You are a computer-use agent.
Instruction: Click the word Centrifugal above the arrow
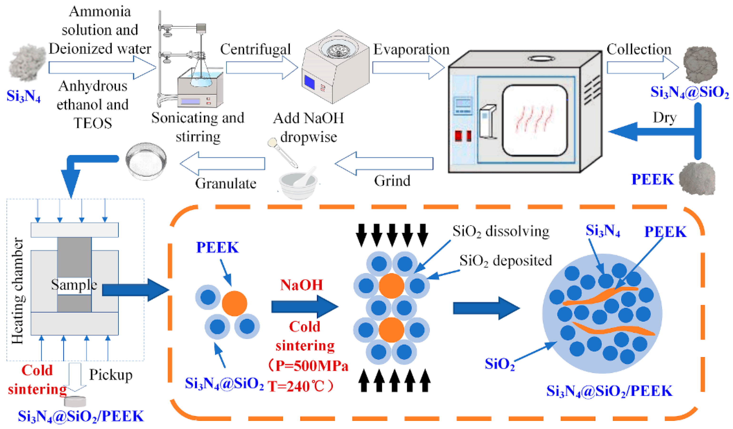255,49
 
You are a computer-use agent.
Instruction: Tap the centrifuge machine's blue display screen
309,82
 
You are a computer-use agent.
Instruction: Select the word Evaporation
411,49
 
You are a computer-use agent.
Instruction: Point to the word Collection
639,49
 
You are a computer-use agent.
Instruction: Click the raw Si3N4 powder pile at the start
27,62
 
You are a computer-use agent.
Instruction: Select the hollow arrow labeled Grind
384,163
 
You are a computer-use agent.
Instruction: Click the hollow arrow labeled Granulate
223,163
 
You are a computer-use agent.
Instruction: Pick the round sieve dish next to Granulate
146,161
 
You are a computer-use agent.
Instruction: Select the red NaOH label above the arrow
302,285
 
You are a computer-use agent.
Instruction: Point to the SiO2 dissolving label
500,231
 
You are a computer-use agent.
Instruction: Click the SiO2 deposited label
505,260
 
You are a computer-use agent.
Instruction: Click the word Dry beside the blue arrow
664,118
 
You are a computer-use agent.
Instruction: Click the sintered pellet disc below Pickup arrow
75,401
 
